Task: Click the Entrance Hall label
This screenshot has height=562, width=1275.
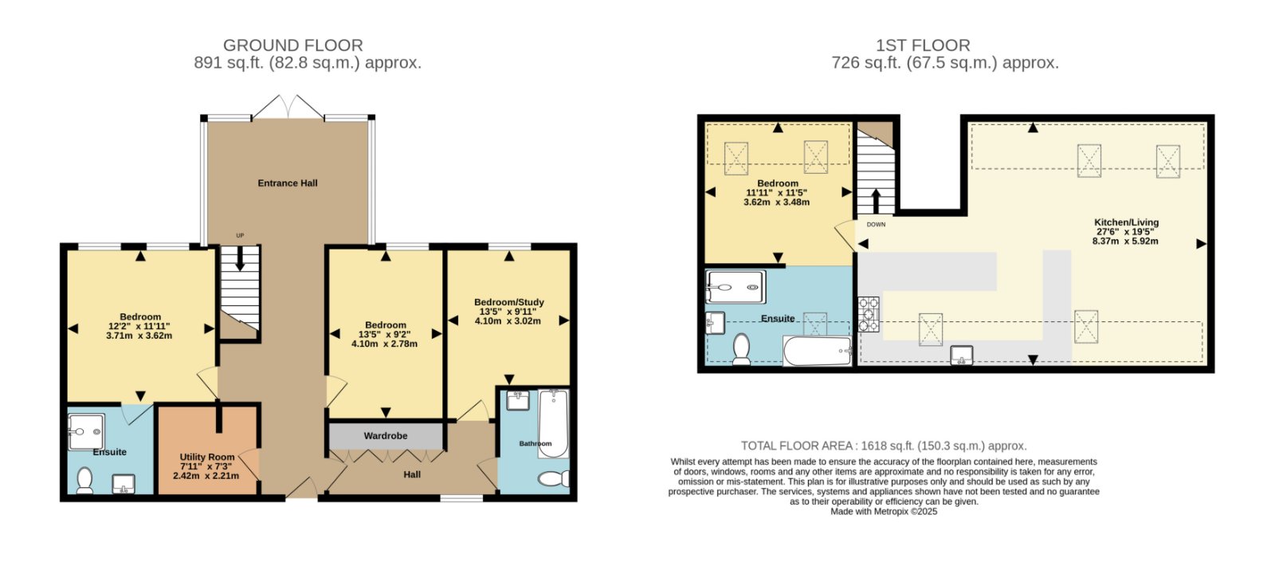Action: pyautogui.click(x=288, y=183)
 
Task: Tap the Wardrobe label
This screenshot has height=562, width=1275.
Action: pyautogui.click(x=386, y=435)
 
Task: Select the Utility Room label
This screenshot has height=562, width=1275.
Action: pyautogui.click(x=207, y=457)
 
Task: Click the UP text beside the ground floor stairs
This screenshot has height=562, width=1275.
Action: pyautogui.click(x=240, y=235)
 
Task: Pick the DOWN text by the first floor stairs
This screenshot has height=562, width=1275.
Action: pyautogui.click(x=876, y=224)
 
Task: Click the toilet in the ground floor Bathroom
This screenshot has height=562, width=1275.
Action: pyautogui.click(x=553, y=478)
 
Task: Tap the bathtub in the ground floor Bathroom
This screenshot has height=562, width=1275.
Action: pyautogui.click(x=553, y=423)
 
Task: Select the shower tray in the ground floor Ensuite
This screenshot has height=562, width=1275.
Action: pyautogui.click(x=86, y=432)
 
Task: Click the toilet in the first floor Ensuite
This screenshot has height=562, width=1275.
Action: pyautogui.click(x=741, y=348)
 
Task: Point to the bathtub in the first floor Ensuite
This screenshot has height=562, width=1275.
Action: pyautogui.click(x=817, y=351)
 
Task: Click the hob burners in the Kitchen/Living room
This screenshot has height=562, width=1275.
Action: pyautogui.click(x=869, y=314)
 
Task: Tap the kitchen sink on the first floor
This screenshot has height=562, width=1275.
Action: pyautogui.click(x=961, y=355)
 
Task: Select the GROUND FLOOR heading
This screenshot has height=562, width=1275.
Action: pyautogui.click(x=292, y=45)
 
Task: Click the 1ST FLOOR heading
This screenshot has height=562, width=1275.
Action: pyautogui.click(x=923, y=45)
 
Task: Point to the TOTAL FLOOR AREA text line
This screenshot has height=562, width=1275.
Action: pyautogui.click(x=884, y=446)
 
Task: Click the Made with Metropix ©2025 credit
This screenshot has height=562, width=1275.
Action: pyautogui.click(x=884, y=511)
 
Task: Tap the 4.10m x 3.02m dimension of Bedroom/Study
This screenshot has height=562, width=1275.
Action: pyautogui.click(x=508, y=320)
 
